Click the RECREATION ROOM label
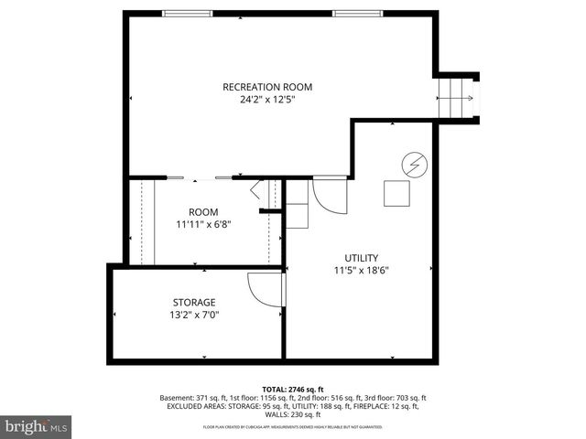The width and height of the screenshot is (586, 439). (267, 87)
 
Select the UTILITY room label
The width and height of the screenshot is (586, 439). (361, 258)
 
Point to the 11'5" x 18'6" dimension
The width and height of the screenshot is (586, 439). (361, 271)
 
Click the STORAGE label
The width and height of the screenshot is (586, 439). (194, 303)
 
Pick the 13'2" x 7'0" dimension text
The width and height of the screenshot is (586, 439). (194, 316)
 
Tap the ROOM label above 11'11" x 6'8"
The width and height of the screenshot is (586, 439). (203, 212)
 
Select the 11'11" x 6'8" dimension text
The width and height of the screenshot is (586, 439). (203, 225)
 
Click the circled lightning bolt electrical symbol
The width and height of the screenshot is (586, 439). (414, 165)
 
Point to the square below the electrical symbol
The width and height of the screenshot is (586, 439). (396, 194)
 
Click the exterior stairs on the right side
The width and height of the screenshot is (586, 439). (456, 94)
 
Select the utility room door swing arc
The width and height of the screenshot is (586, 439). (328, 194)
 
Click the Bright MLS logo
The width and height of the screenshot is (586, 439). (37, 426)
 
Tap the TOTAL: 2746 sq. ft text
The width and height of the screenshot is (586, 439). (293, 389)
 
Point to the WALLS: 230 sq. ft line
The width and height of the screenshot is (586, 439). (293, 416)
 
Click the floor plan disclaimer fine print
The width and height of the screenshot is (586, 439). (293, 427)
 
